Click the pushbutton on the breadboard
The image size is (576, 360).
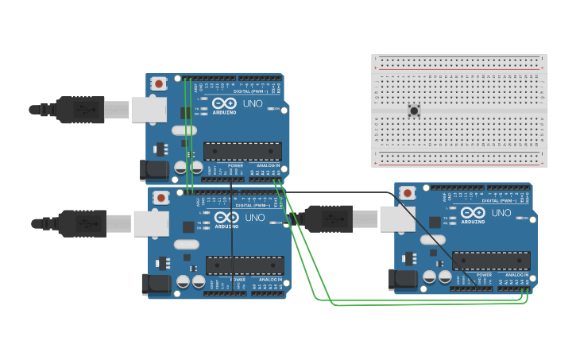(414, 111)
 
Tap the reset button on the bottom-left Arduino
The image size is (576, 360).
(161, 197)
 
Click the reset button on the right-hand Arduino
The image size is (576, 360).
(408, 192)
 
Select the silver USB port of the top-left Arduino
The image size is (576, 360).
(148, 109)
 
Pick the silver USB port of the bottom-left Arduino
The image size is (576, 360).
(150, 223)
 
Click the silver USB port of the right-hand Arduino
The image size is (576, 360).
(396, 219)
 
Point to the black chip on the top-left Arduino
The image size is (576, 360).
(243, 151)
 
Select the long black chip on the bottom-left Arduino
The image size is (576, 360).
(245, 265)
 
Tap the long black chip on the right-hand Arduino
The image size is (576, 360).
(491, 261)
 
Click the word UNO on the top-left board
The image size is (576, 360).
(253, 104)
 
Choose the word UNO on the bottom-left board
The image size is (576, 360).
(255, 218)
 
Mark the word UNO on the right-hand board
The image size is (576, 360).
(501, 213)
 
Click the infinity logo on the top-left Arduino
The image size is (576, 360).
(224, 104)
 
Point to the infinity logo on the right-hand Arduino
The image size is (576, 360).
(473, 213)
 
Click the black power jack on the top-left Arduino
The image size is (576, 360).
(154, 168)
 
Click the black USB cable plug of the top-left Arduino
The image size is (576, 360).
(79, 109)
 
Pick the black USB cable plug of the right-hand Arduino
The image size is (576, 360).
(329, 218)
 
